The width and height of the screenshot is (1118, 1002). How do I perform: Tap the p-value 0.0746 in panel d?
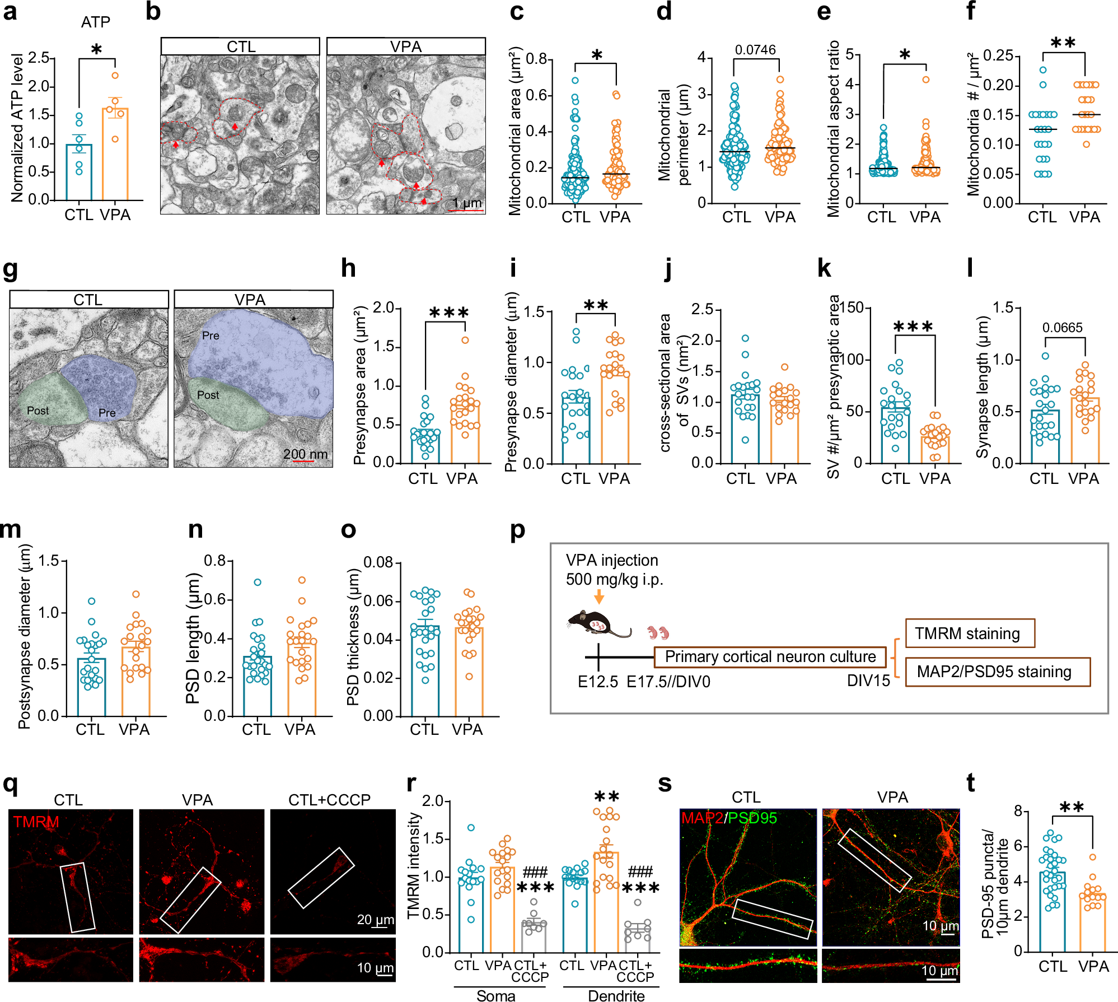755,50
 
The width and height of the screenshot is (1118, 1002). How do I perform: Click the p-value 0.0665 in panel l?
1062,328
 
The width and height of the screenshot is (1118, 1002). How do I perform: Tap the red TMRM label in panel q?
36,822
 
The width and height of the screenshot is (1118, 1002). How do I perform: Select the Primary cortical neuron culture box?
770,656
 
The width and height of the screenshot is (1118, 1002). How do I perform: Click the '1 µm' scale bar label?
467,203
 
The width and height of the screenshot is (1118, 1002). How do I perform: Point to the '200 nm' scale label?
305,454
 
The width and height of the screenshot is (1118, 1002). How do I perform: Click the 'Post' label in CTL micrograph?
38,411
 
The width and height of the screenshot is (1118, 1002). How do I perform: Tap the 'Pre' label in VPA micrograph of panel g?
210,335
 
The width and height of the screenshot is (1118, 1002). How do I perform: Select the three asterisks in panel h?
448,313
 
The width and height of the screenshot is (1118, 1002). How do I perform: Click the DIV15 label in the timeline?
868,681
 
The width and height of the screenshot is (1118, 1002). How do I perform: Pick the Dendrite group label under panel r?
616,995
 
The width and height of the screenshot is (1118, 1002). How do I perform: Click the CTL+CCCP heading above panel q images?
329,800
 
